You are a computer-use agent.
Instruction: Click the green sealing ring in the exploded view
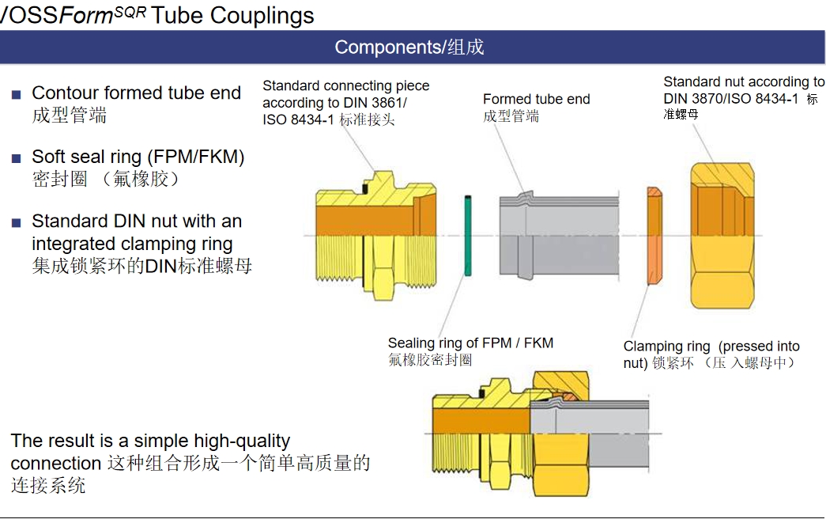pyautogui.click(x=468, y=235)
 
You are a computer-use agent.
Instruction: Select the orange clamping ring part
pyautogui.click(x=654, y=235)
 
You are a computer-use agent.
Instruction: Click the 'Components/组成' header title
pyautogui.click(x=409, y=47)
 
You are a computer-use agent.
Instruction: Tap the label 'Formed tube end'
pyautogui.click(x=537, y=100)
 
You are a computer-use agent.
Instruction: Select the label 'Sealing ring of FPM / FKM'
pyautogui.click(x=470, y=343)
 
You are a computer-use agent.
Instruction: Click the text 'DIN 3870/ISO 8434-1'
pyautogui.click(x=731, y=98)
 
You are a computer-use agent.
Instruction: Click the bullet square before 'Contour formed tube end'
pyautogui.click(x=17, y=95)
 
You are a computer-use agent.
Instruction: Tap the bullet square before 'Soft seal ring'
pyautogui.click(x=17, y=159)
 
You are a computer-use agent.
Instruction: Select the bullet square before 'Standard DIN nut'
pyautogui.click(x=17, y=223)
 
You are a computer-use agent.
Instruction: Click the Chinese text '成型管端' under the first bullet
pyautogui.click(x=69, y=116)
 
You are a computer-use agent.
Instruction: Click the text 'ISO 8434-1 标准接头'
pyautogui.click(x=328, y=119)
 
